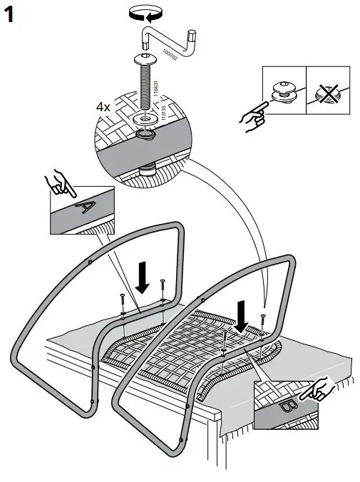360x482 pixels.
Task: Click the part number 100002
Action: click(169, 54)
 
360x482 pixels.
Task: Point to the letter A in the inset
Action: click(85, 208)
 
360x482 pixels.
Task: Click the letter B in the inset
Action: click(288, 408)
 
